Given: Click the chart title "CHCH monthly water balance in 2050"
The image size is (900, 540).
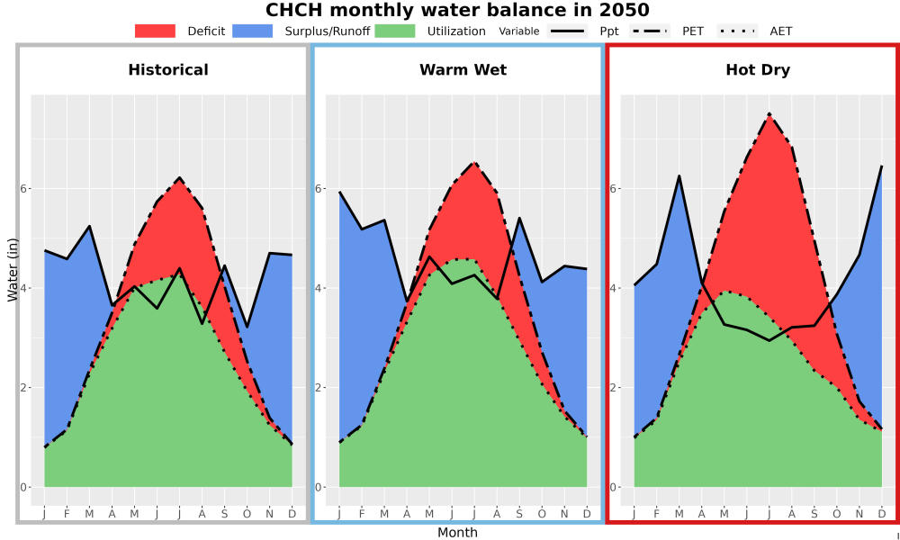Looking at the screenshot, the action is [x=457, y=10].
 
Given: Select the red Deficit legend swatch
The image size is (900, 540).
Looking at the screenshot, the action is [x=155, y=31].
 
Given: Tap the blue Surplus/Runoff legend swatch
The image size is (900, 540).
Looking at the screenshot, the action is [x=253, y=31].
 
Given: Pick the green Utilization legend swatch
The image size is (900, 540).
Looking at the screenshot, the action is [x=395, y=31].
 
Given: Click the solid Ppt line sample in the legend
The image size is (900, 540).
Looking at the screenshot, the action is [x=567, y=31].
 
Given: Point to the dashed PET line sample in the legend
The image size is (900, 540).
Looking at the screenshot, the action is [x=649, y=31].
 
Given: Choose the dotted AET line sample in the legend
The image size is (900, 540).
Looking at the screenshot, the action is [x=737, y=31].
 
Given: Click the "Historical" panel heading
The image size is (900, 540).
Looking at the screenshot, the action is [x=168, y=70].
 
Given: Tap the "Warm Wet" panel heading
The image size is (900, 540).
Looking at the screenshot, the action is [x=463, y=70].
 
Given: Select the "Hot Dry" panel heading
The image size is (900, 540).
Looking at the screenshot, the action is [x=758, y=70].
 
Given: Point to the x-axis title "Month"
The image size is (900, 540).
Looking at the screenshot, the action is [x=457, y=533].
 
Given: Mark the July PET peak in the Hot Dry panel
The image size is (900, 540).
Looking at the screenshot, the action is [x=769, y=113].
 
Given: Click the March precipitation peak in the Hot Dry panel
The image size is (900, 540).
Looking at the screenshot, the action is [x=679, y=175].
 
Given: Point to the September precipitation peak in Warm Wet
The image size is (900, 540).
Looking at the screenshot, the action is [x=519, y=218].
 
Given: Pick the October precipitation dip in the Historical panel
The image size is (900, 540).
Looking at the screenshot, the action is [x=247, y=327].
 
